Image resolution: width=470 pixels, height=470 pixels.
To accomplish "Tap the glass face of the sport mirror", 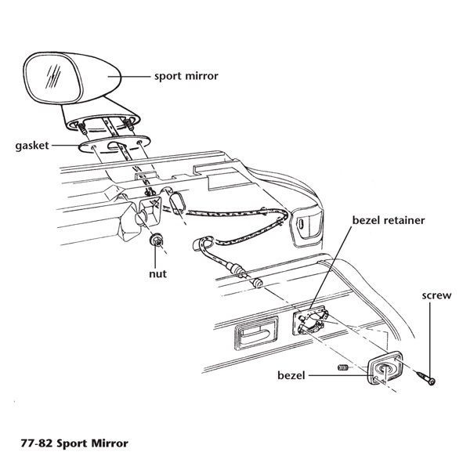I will (x=49, y=81).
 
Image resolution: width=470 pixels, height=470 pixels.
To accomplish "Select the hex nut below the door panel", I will (x=158, y=242).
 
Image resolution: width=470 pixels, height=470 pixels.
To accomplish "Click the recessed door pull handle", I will (x=251, y=339).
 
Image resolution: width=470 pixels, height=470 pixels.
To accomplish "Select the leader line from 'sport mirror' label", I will (x=135, y=77).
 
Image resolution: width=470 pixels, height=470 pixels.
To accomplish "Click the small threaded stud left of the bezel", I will (x=341, y=367).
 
